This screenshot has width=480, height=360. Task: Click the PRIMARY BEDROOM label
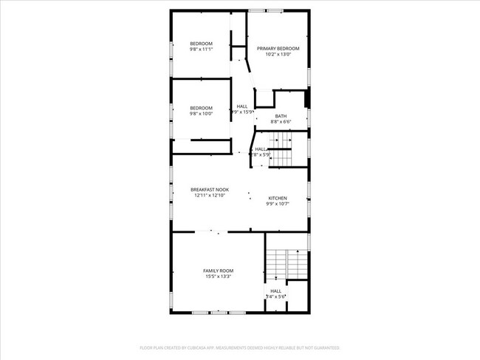278,48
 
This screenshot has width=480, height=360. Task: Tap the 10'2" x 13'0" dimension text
278,54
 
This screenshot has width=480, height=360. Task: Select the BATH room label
281,116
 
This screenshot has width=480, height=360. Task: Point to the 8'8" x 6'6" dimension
281,122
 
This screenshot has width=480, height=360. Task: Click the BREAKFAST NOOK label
210,190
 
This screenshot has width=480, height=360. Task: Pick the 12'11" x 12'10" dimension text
210,196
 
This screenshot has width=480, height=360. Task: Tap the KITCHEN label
277,197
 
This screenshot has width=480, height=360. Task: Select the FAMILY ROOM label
217,271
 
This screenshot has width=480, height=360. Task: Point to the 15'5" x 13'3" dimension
217,276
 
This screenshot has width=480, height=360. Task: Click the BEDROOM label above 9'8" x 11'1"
201,44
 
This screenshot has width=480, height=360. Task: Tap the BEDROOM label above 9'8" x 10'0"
201,108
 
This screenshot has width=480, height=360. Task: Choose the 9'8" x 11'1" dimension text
201,50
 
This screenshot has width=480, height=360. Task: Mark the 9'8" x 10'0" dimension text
201,114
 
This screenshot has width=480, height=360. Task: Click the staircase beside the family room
287,263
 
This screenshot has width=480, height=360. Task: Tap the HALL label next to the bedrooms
242,106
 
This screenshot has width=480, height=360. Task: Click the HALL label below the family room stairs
275,291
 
